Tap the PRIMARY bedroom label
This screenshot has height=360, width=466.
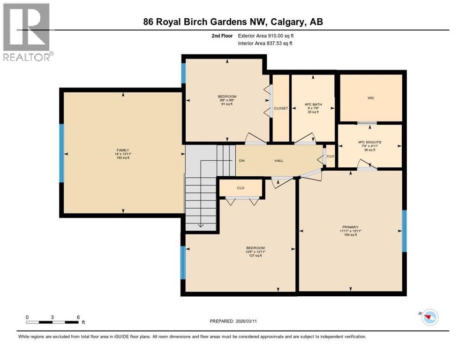pos(351,226)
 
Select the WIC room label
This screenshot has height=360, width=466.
pos(371,98)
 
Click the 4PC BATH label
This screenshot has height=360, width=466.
pos(313,105)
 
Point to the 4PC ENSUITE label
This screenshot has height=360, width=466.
pos(369,142)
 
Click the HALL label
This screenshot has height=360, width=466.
pos(279,161)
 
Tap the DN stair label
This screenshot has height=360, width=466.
pos(241,161)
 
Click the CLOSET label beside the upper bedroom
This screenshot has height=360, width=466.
pos(281,108)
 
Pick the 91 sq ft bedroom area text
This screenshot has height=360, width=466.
pos(227,104)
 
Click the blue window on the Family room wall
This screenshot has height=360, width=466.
pos(61,153)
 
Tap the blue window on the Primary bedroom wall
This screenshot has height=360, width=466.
pos(404,231)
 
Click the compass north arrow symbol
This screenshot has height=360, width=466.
pos(428,317)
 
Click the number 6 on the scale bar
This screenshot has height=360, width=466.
pos(78,317)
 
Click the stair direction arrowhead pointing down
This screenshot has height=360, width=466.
pos(201,225)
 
